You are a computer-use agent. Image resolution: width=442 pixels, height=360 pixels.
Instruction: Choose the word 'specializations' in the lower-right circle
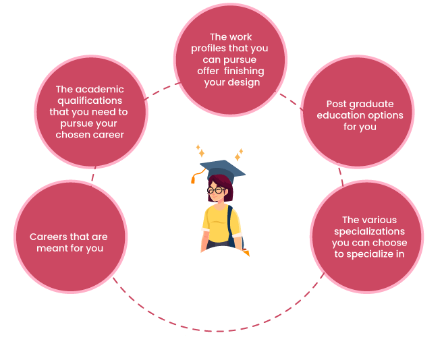coord(368,231)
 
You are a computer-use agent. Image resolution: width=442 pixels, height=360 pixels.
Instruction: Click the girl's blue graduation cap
coord(223,167)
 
